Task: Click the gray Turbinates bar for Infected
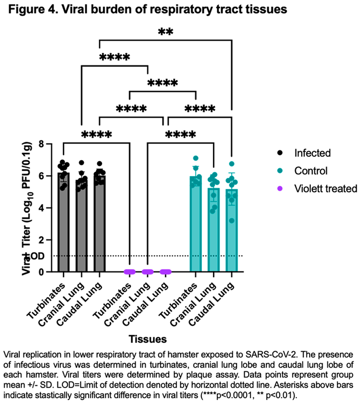[64, 224]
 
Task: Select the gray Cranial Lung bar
[81, 230]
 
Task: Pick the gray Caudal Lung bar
[99, 227]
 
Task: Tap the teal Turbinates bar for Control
[195, 227]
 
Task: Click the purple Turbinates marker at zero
[130, 272]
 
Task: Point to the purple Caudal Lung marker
[166, 272]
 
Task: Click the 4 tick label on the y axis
[40, 208]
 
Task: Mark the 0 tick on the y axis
[40, 272]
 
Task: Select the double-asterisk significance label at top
[165, 31]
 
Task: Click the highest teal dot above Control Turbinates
[195, 159]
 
